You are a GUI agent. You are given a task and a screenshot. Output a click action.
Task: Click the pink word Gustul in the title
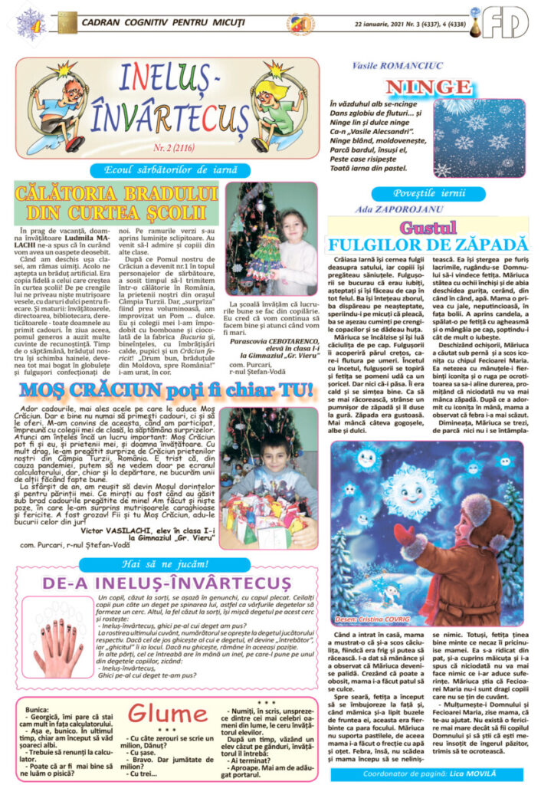[428, 228]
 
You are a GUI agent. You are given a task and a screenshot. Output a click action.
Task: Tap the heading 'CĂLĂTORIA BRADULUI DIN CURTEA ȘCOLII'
[116, 202]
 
